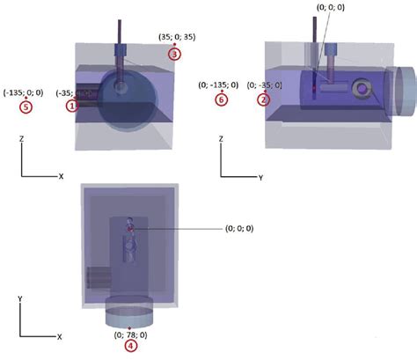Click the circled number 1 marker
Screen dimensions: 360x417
tap(73, 105)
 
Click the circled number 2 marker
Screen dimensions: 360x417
tap(263, 99)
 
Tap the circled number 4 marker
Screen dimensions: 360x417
tap(130, 346)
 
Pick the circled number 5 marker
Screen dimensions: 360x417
tap(26, 107)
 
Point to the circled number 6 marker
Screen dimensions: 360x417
tap(221, 99)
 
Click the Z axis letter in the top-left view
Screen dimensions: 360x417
tap(21, 137)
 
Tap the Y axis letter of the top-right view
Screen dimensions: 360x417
tap(260, 178)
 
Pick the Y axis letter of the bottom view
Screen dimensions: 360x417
tap(19, 299)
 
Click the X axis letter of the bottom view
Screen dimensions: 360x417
tap(59, 336)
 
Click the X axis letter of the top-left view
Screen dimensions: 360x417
tap(61, 176)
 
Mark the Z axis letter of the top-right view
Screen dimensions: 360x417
tap(220, 138)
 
